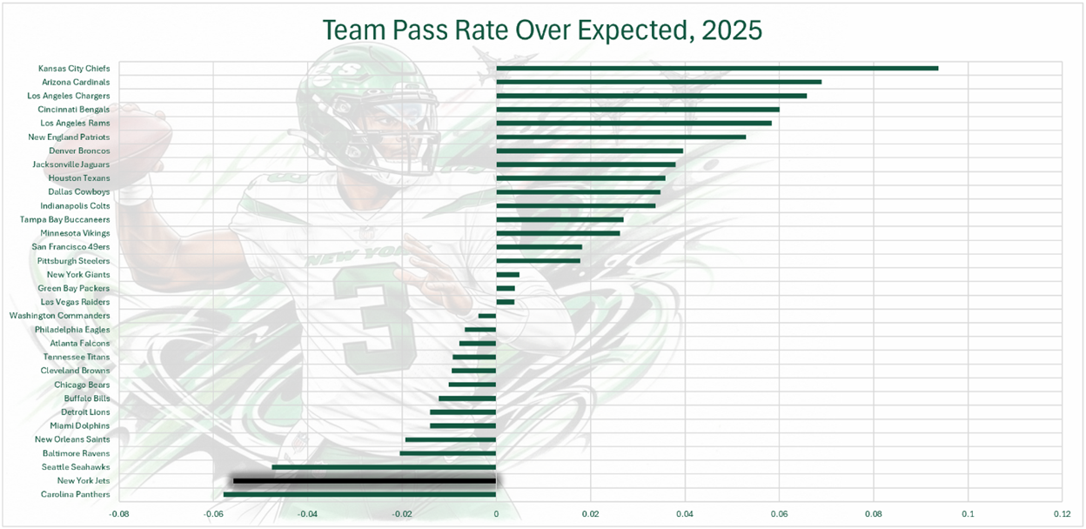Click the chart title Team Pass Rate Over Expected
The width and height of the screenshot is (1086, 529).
click(x=542, y=30)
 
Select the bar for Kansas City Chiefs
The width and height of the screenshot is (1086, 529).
click(x=717, y=68)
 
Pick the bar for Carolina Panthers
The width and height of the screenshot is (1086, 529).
click(x=359, y=494)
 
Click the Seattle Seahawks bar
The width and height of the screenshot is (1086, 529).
click(x=384, y=467)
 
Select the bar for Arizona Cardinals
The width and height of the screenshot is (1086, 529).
click(x=659, y=82)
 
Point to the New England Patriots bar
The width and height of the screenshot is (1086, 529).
click(x=620, y=137)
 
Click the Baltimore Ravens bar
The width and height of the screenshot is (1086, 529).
click(x=447, y=453)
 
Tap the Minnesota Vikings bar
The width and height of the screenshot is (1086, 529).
click(x=558, y=233)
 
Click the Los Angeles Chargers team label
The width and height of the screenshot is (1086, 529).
click(x=69, y=96)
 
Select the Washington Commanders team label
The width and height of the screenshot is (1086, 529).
click(x=59, y=316)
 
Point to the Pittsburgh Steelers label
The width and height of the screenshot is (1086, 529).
click(x=73, y=261)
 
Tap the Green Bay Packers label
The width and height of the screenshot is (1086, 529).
click(x=74, y=288)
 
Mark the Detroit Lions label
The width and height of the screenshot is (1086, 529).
click(x=85, y=412)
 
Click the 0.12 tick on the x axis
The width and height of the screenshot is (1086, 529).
click(x=1062, y=514)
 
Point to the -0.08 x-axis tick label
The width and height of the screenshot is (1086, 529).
click(x=118, y=514)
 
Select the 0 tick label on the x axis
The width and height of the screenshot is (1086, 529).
click(x=496, y=514)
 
